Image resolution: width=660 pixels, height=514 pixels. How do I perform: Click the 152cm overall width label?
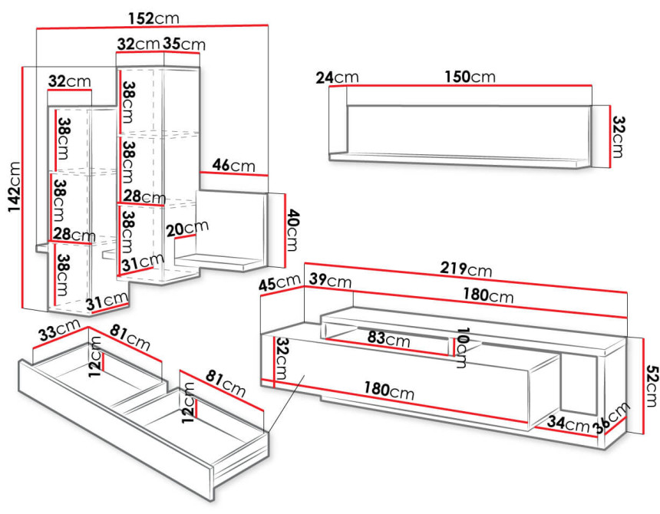[153, 18]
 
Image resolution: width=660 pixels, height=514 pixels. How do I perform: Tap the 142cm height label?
[15, 186]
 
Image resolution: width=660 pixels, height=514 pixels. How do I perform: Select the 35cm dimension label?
[184, 44]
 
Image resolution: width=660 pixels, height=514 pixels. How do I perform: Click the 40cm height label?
[292, 230]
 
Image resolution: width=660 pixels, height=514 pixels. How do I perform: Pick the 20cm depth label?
[187, 229]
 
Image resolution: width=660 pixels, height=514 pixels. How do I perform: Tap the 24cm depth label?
[337, 77]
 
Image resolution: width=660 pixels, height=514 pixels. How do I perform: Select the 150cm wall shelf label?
[470, 77]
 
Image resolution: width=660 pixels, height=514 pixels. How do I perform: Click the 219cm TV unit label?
[466, 269]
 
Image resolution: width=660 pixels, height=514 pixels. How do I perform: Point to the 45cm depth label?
[279, 282]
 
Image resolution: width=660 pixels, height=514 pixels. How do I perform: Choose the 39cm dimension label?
[331, 280]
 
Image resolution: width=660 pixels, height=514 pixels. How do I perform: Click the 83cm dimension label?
[388, 338]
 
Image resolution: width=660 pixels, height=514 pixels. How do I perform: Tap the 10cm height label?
[462, 348]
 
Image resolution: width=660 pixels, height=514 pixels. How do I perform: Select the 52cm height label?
[651, 387]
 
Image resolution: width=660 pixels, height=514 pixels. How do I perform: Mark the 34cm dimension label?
[568, 423]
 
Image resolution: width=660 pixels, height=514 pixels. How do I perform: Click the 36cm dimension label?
[612, 417]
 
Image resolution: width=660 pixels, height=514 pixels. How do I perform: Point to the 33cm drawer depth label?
[59, 330]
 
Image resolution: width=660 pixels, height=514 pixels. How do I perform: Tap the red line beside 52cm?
[644, 386]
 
